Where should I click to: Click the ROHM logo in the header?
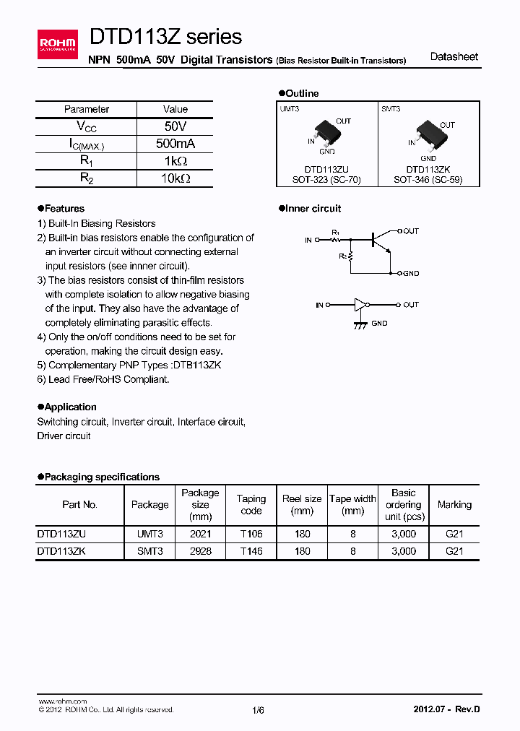point(57,44)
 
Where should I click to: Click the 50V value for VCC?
point(175,126)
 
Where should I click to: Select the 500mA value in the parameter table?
point(175,144)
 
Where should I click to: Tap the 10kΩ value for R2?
point(175,178)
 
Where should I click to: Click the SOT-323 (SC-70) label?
point(327,179)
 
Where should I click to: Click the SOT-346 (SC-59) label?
point(428,179)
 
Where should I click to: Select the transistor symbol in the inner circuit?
point(381,239)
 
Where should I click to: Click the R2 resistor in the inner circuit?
point(351,256)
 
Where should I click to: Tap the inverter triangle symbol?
point(360,306)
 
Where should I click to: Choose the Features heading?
point(64,209)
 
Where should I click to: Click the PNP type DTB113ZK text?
point(194,365)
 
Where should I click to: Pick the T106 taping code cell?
point(251,534)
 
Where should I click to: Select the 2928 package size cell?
point(200,550)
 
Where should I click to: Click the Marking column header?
point(454,504)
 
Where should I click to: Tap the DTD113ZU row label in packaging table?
point(61,534)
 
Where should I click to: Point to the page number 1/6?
point(259,710)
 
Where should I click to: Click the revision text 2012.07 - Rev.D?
point(446,709)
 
